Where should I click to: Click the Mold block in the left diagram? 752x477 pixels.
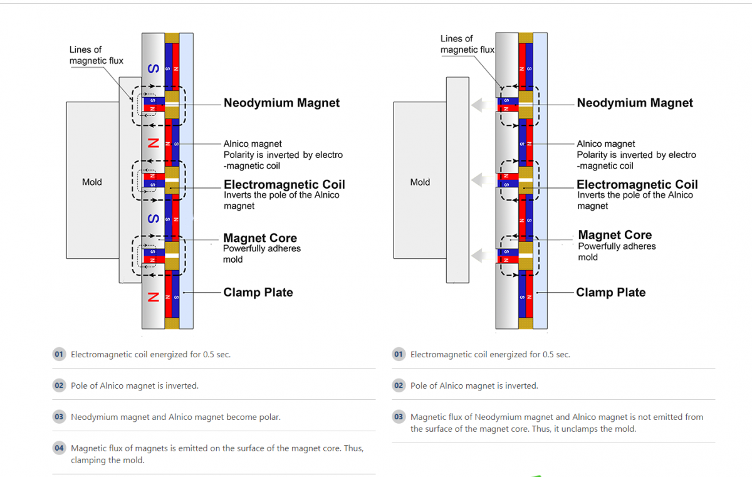(x=92, y=182)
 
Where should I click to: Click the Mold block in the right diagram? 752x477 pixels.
(x=420, y=182)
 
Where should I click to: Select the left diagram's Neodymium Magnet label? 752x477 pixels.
(x=281, y=103)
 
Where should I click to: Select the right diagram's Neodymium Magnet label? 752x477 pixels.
(x=635, y=103)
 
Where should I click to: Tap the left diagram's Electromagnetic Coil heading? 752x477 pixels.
(x=284, y=184)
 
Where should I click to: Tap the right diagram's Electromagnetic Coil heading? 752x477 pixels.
(x=637, y=184)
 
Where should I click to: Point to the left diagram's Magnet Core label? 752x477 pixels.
(x=260, y=238)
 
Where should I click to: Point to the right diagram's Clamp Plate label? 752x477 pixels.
(x=610, y=292)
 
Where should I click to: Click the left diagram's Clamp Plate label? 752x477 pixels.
(x=258, y=292)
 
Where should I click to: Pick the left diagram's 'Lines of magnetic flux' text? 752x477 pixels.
(x=96, y=55)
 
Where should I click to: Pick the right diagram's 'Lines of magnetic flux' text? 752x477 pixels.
(x=467, y=45)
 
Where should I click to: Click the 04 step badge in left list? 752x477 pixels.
(x=59, y=448)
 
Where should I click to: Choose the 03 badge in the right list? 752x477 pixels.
(x=399, y=417)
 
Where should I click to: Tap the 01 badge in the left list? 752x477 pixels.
(x=59, y=354)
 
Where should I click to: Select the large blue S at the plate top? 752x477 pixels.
(x=152, y=68)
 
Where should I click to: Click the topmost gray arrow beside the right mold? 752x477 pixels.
(x=480, y=105)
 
